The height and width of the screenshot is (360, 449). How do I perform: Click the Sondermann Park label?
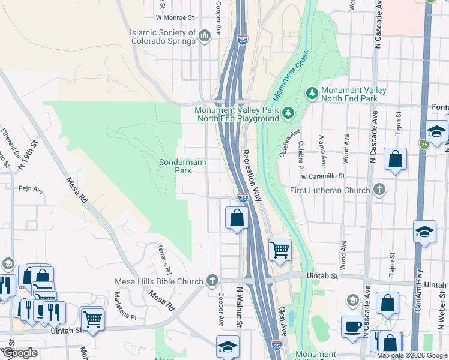pyautogui.click(x=175, y=166)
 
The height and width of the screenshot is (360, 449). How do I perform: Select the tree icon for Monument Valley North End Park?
pyautogui.click(x=312, y=92)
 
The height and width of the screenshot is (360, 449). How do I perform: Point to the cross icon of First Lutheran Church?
pyautogui.click(x=379, y=190)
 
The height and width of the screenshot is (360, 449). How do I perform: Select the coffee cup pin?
pyautogui.click(x=352, y=327)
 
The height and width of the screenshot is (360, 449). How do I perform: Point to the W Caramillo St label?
pyautogui.click(x=323, y=176)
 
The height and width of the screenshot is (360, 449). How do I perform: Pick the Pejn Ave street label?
pyautogui.click(x=31, y=190)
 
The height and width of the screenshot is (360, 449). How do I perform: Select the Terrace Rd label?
pyautogui.click(x=164, y=257)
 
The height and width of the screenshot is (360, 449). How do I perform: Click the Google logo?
pyautogui.click(x=20, y=353)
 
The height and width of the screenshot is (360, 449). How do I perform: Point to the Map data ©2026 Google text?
pyautogui.click(x=411, y=355)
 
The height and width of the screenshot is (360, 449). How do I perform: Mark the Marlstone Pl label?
pyautogui.click(x=127, y=306)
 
